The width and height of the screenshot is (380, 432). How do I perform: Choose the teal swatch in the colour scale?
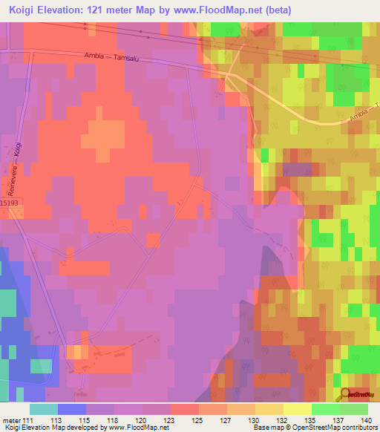(x=44, y=409)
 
